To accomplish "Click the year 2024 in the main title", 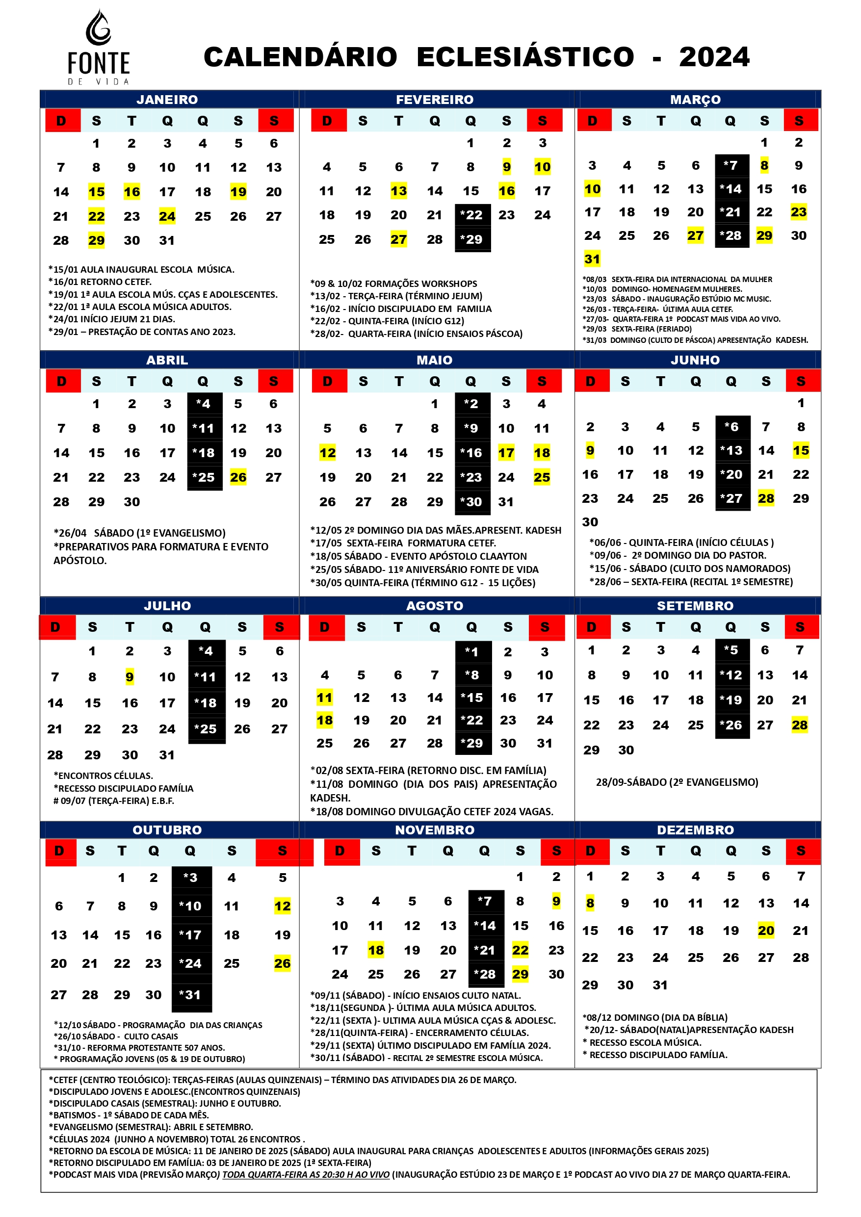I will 714,57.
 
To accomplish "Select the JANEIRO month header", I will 167,100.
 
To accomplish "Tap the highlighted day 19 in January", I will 238,192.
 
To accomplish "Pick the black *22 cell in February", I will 472,215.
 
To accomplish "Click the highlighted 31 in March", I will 592,259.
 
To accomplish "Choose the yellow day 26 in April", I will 238,477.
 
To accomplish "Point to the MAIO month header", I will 434,360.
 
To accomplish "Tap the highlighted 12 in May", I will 327,453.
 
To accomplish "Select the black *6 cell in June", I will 732,427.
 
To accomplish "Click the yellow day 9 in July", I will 130,677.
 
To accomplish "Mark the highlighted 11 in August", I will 324,698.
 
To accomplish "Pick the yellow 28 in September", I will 800,725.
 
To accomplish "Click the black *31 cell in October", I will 191,995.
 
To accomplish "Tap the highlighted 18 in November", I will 376,950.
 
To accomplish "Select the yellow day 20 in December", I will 765,930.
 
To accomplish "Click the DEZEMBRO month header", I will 695,830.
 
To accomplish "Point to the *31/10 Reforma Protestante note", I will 139,1047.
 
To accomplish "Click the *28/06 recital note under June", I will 691,581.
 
